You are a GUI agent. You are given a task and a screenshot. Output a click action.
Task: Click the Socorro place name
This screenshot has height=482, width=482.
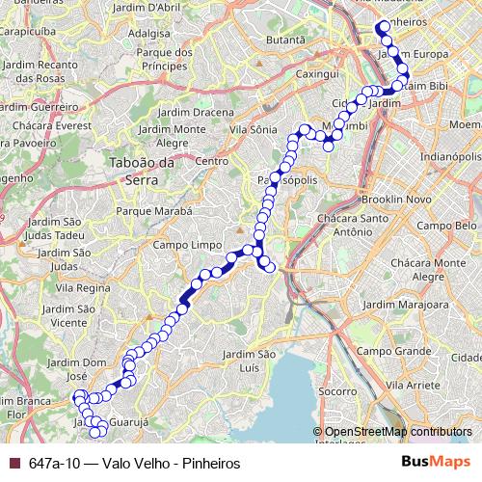click(336, 391)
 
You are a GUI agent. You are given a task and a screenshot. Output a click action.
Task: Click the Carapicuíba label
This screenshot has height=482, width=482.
click(28, 43)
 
